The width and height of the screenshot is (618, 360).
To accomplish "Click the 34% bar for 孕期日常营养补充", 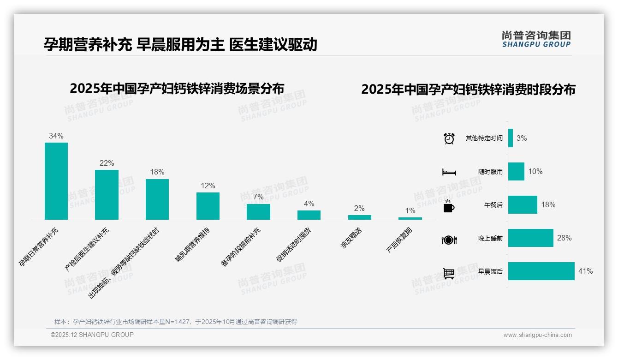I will [x=56, y=181].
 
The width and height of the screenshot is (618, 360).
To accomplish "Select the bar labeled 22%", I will [x=107, y=194].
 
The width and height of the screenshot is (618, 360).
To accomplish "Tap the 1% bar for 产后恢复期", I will [x=410, y=218].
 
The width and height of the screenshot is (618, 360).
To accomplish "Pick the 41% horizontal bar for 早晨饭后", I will [x=541, y=271].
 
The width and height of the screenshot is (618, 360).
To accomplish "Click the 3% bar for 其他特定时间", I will [x=511, y=138].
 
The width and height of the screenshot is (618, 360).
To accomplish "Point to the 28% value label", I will [x=564, y=238].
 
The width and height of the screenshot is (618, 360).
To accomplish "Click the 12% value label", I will [x=208, y=186].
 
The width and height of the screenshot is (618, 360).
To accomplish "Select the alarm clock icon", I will [x=449, y=138].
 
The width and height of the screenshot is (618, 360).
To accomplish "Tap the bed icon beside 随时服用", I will [x=449, y=172].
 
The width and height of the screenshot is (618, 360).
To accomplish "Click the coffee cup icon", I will [x=449, y=207].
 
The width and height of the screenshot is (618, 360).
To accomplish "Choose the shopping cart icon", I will [x=449, y=273].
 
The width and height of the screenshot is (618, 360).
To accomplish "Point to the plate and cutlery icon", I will [x=449, y=240].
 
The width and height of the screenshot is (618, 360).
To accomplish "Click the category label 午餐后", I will [x=493, y=205].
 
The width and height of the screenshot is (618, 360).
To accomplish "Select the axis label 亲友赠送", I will [x=351, y=239].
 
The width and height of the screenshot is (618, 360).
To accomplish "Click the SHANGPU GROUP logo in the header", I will [x=536, y=39].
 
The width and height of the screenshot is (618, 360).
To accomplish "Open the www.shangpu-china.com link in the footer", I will [x=537, y=335].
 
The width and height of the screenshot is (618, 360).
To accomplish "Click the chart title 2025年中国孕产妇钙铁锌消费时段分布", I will [x=468, y=89].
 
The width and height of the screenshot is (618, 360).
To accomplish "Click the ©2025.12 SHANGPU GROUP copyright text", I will [x=92, y=335].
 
